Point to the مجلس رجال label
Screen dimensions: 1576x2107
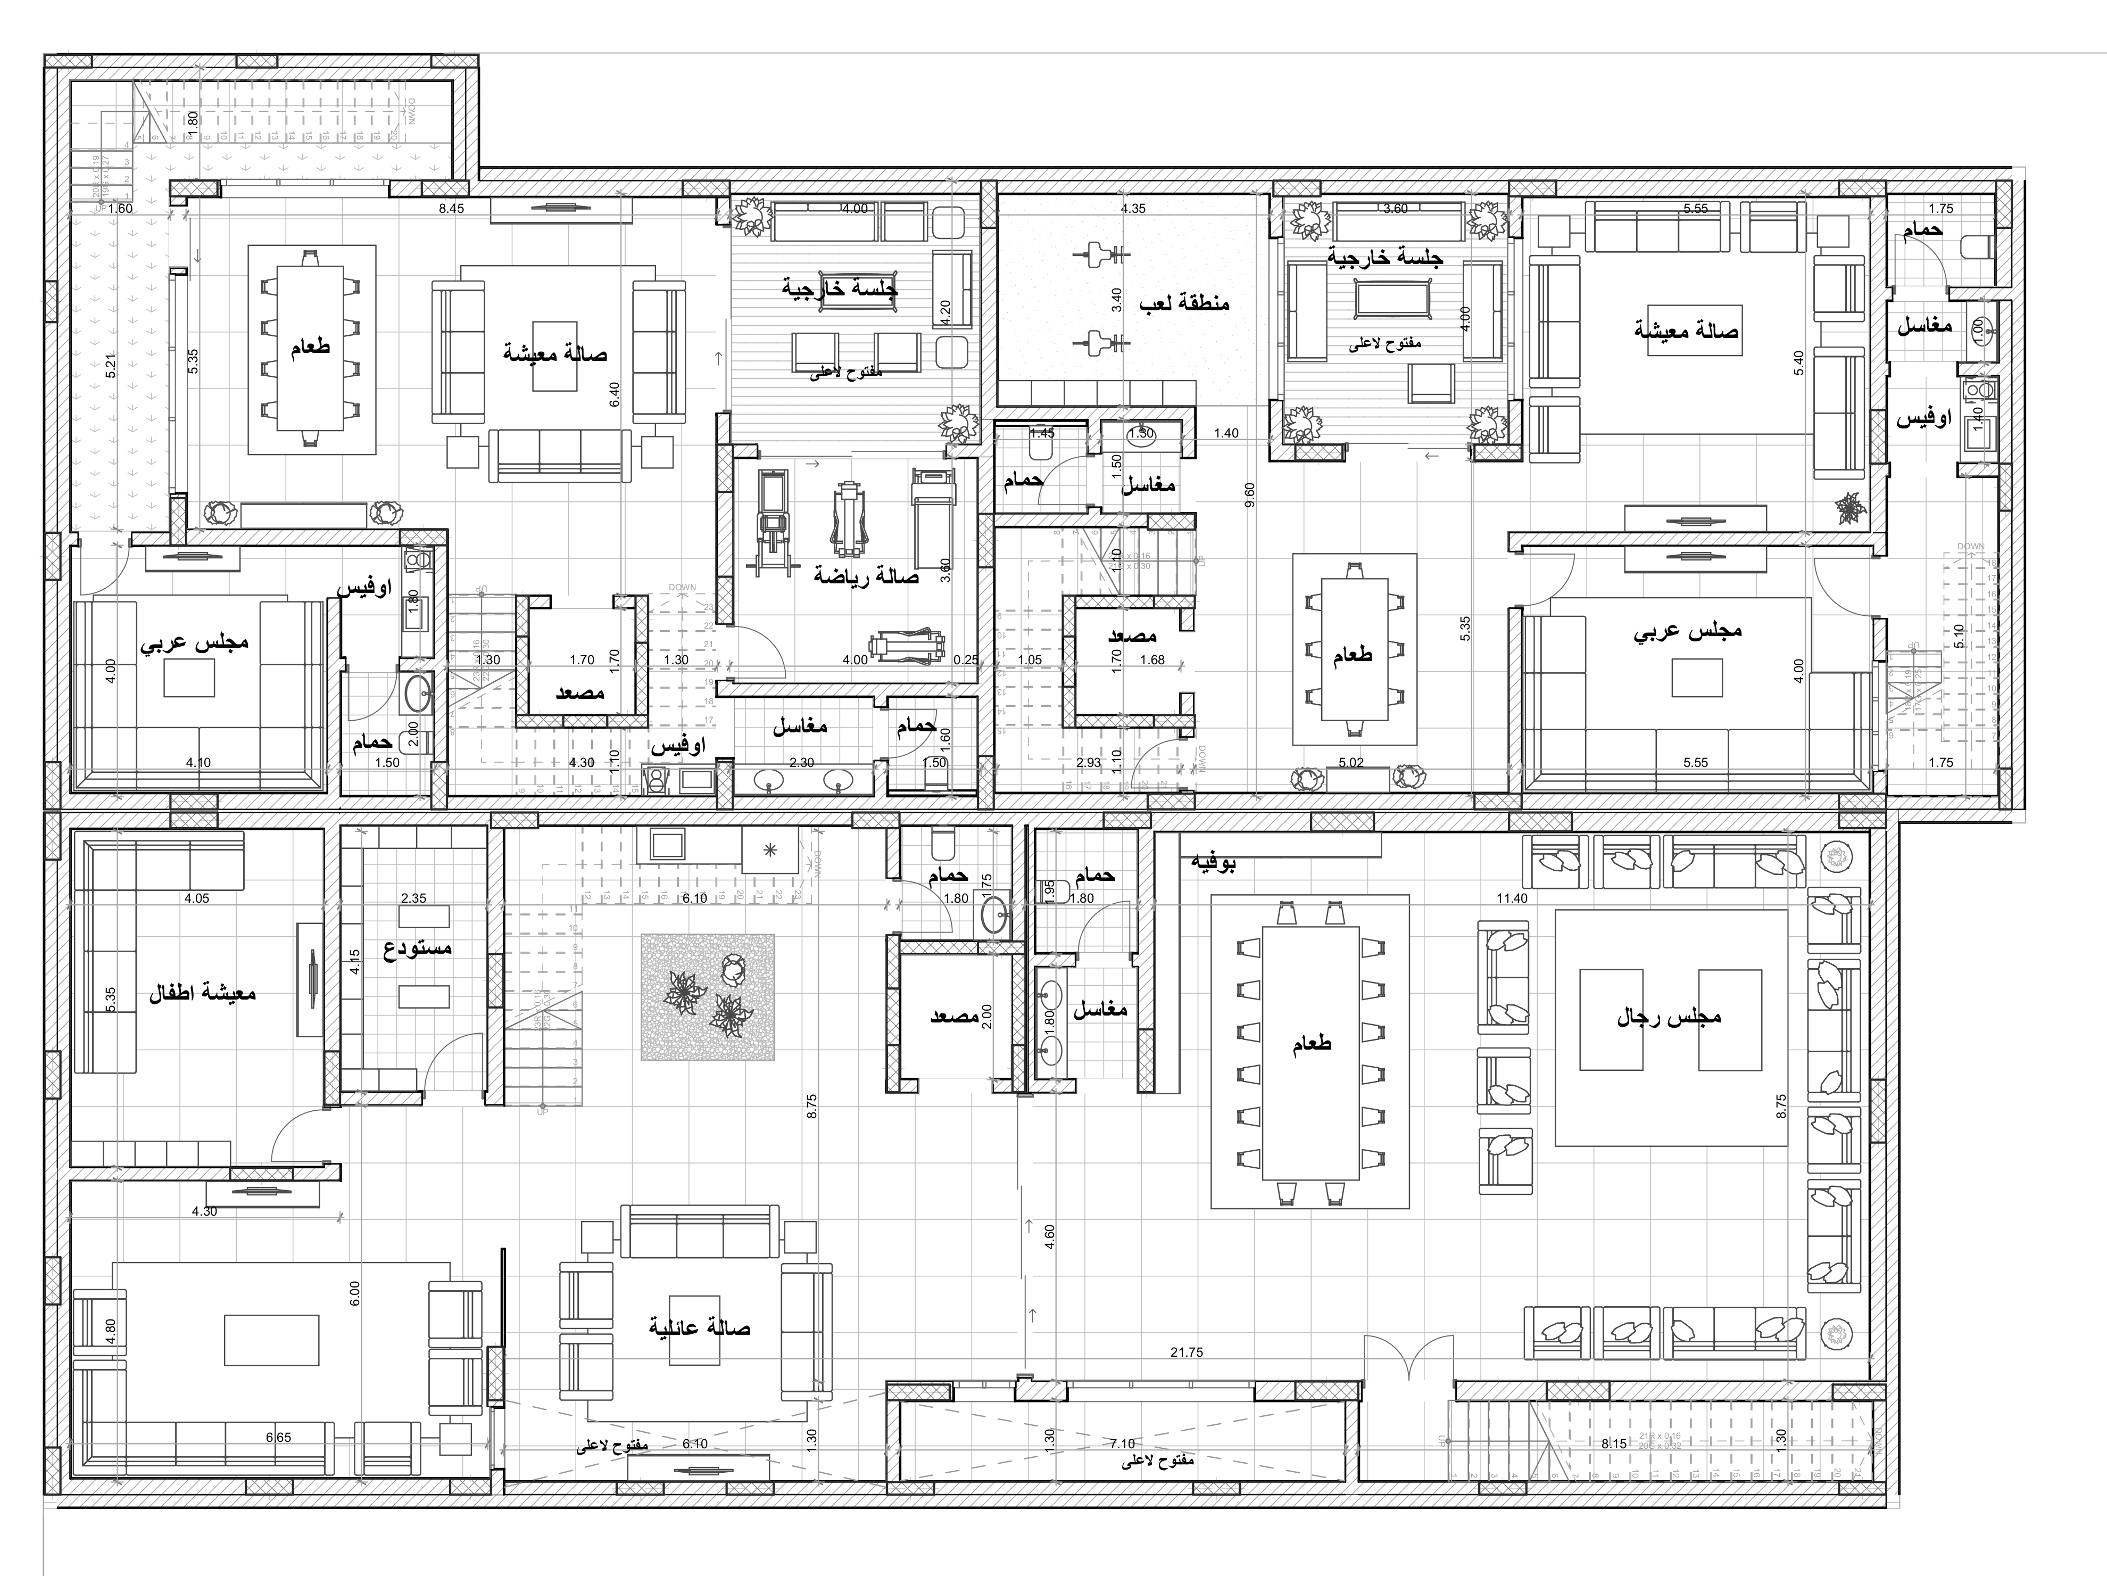(x=1669, y=1017)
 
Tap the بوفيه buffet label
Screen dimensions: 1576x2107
(x=1214, y=863)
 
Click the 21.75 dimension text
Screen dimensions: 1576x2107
(x=1187, y=1352)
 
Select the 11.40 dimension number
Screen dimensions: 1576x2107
(x=1512, y=897)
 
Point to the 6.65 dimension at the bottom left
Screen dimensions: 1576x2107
(x=279, y=1437)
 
